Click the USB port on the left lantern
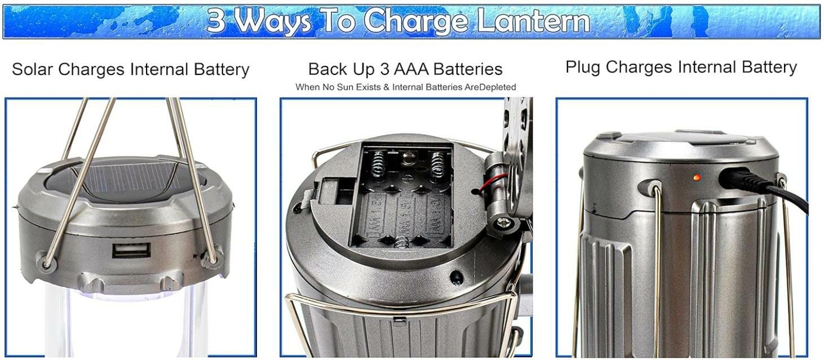(131, 250)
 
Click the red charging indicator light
(697, 177)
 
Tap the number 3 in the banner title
(216, 21)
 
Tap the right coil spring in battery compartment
(438, 165)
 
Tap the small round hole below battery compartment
(456, 278)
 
